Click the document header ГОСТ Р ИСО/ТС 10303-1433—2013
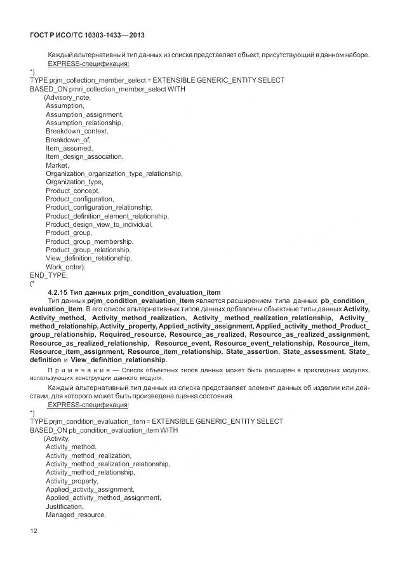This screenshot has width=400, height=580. (88, 36)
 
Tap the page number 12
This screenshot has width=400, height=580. (34, 530)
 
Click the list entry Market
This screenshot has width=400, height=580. (57, 165)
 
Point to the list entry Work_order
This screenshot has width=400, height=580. (65, 267)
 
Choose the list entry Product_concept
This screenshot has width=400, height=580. (72, 191)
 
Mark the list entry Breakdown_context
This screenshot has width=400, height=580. (76, 131)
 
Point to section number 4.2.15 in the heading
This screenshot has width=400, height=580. (62, 292)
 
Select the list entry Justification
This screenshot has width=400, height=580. (64, 506)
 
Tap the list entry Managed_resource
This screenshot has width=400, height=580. (75, 515)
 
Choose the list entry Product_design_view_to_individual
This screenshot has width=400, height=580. (98, 224)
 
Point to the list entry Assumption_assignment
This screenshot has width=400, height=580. (84, 114)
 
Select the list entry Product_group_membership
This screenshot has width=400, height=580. (90, 241)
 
